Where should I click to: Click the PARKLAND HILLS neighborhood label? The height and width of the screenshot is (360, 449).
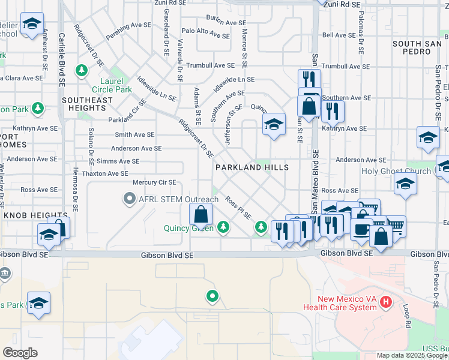[252, 167]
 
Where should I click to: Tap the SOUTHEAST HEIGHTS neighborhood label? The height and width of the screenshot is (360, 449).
[87, 104]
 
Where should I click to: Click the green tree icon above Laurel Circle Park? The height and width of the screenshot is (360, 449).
[81, 71]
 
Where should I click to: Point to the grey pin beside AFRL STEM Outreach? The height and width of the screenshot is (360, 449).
[129, 199]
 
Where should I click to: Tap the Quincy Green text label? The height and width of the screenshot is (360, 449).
[189, 228]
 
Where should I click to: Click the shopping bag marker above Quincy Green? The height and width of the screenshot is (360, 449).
[201, 214]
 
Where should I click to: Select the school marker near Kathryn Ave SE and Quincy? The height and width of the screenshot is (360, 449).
[273, 125]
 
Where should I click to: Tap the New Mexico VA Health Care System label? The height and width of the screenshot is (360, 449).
[348, 303]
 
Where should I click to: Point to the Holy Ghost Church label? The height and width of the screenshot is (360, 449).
[396, 171]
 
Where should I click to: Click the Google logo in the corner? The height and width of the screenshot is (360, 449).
[20, 353]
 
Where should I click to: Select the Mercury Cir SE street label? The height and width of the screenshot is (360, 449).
[154, 182]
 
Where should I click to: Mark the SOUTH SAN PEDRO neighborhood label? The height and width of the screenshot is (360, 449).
[421, 48]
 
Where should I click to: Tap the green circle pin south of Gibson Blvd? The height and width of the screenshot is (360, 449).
[212, 296]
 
